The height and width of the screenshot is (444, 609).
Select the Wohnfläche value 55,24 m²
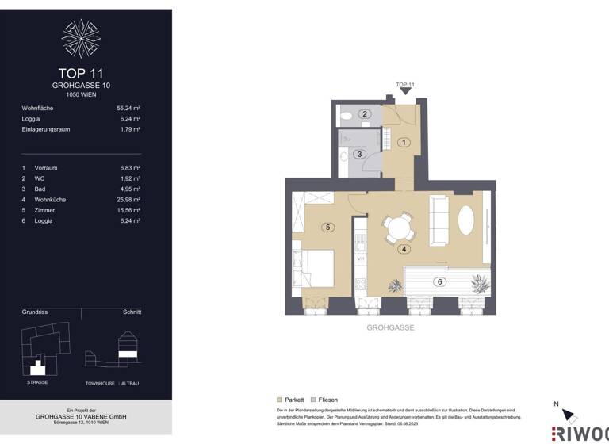tap(128, 108)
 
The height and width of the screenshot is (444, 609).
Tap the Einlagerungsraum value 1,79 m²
tap(130, 128)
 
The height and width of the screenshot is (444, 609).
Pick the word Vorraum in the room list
tap(46, 168)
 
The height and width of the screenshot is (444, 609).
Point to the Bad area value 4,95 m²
tap(130, 189)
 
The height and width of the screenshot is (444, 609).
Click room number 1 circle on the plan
tap(403, 143)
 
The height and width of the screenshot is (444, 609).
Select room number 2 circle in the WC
tap(365, 114)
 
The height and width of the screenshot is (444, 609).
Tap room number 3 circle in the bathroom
tap(359, 154)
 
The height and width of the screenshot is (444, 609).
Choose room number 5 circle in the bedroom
tap(327, 227)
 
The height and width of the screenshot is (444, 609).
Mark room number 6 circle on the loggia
tap(439, 281)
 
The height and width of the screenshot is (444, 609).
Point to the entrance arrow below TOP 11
tap(405, 94)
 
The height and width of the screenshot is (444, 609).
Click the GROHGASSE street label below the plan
tap(390, 327)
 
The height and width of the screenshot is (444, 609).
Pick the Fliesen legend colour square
tap(312, 400)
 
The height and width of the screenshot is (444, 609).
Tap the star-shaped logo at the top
tap(82, 38)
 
